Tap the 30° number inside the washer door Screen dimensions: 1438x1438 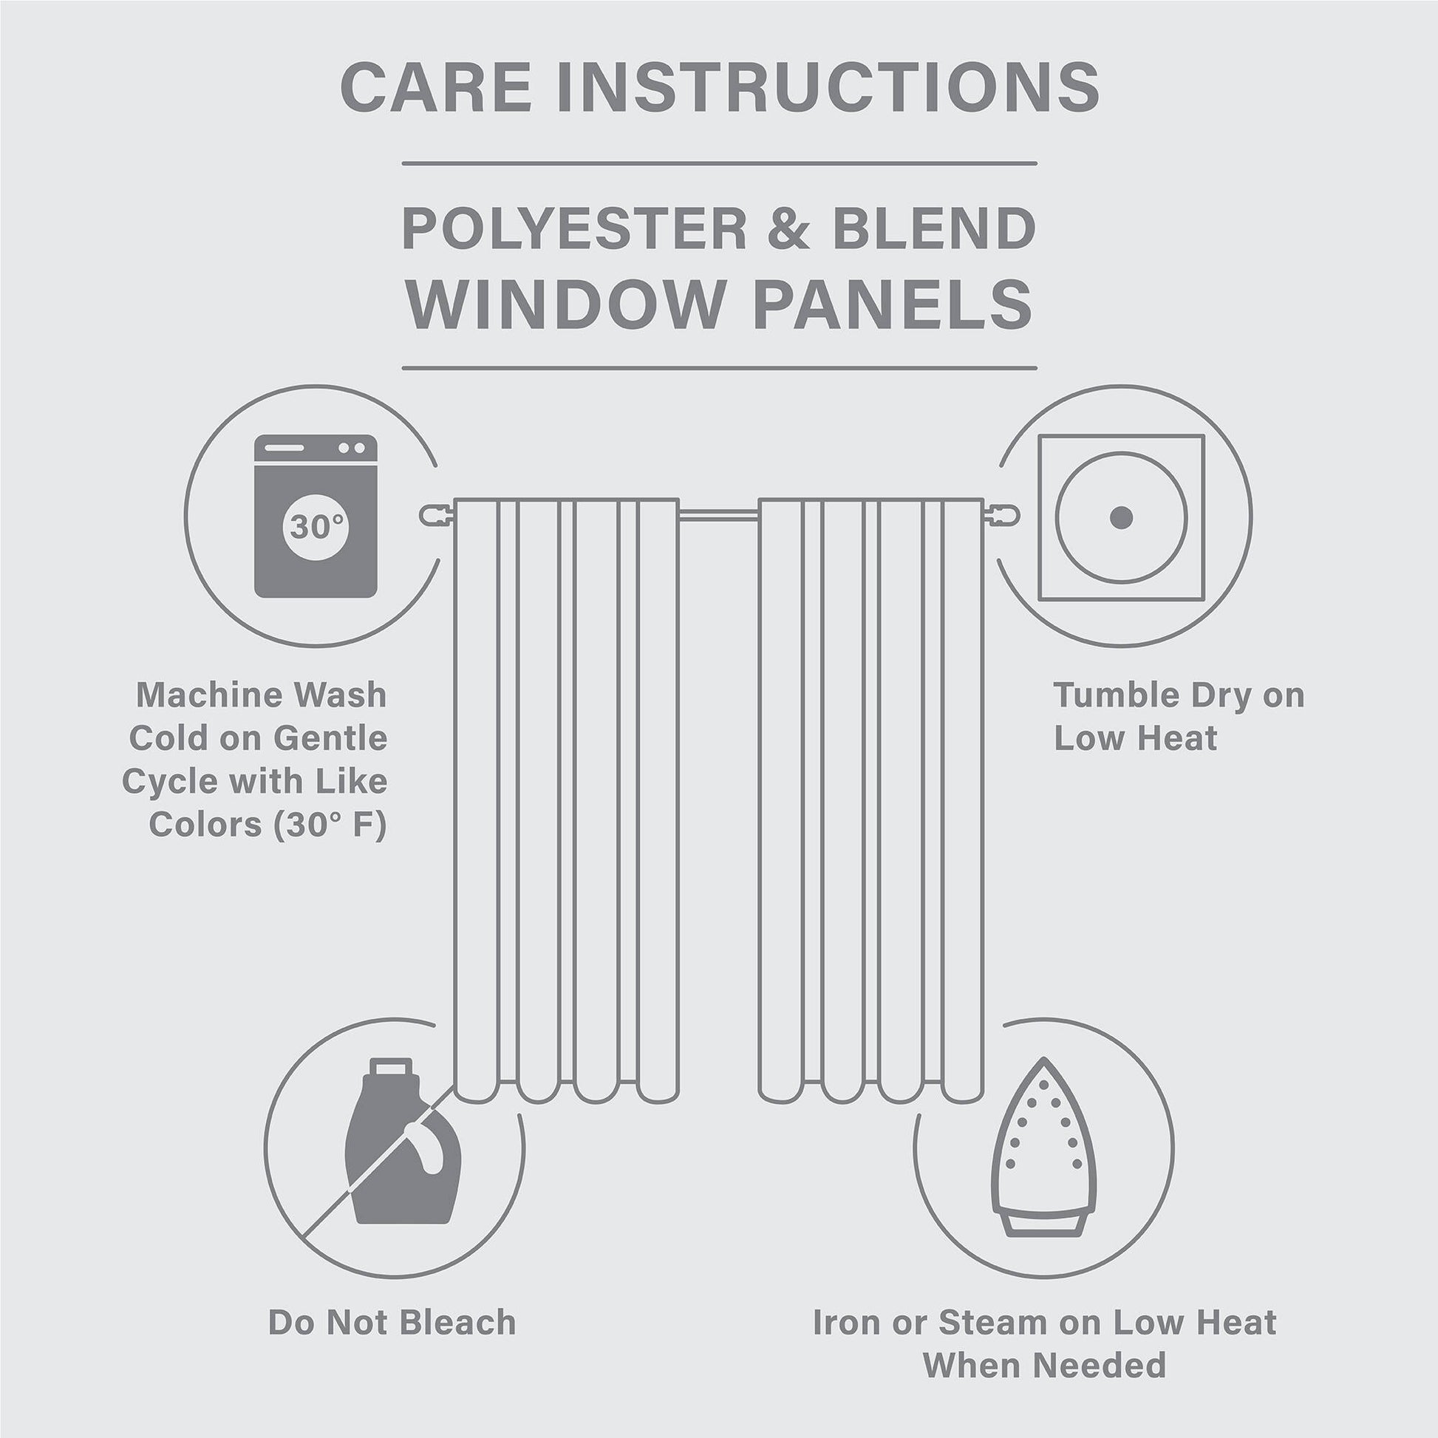coord(316,526)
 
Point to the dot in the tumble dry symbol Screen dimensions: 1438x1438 coord(1121,517)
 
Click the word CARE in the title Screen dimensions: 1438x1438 coord(435,87)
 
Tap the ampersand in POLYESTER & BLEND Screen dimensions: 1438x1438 coord(788,228)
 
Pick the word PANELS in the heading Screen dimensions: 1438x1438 coord(893,304)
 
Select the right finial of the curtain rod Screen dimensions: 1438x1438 coord(1004,515)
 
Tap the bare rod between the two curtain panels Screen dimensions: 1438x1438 coord(718,514)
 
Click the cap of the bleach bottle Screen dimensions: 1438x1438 coord(390,1067)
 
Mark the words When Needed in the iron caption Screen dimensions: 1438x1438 coord(1043,1365)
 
